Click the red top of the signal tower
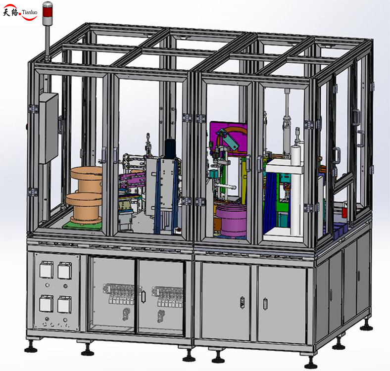pos(48,6)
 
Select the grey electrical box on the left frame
pos(49,128)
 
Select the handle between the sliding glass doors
pos(143,296)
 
